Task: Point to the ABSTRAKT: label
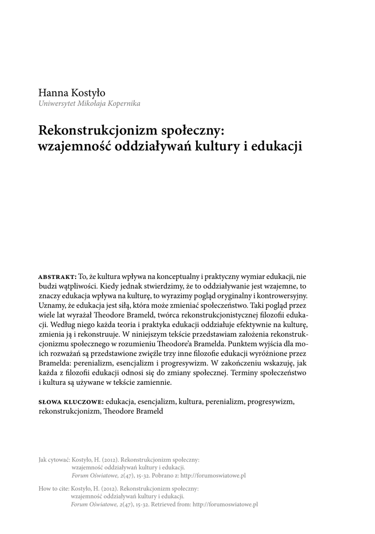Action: (58, 276)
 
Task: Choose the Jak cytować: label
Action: (54, 460)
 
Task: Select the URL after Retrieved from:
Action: (225, 505)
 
